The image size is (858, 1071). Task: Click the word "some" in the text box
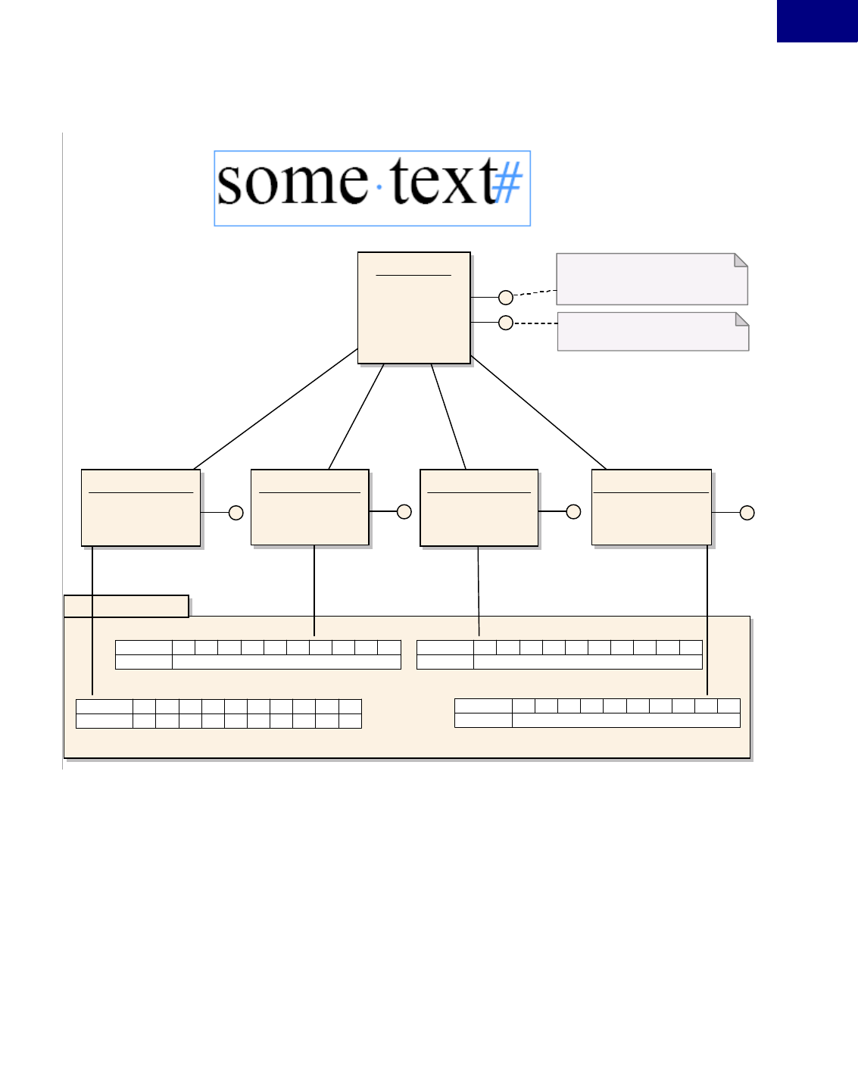tap(292, 183)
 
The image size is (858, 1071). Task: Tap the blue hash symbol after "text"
tap(508, 184)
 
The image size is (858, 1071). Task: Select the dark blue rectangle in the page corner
tap(816, 20)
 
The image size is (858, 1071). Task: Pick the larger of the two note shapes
tap(651, 279)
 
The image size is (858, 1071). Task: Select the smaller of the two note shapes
tap(653, 332)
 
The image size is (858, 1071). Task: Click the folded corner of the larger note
tap(741, 260)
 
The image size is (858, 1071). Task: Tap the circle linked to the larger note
tap(506, 298)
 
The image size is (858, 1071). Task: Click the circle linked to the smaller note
tap(506, 323)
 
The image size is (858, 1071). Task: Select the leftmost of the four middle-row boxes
tap(141, 507)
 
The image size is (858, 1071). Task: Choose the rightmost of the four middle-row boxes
tap(651, 507)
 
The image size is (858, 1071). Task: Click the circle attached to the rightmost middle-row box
tap(747, 513)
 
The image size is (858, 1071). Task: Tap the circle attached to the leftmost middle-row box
tap(236, 513)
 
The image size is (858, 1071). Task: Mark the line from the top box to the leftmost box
tap(276, 409)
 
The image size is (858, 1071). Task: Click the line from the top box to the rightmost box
tap(538, 413)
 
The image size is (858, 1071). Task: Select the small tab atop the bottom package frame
tap(126, 606)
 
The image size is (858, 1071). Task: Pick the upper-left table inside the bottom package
tap(257, 654)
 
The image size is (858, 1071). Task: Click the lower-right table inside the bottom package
tap(597, 713)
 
